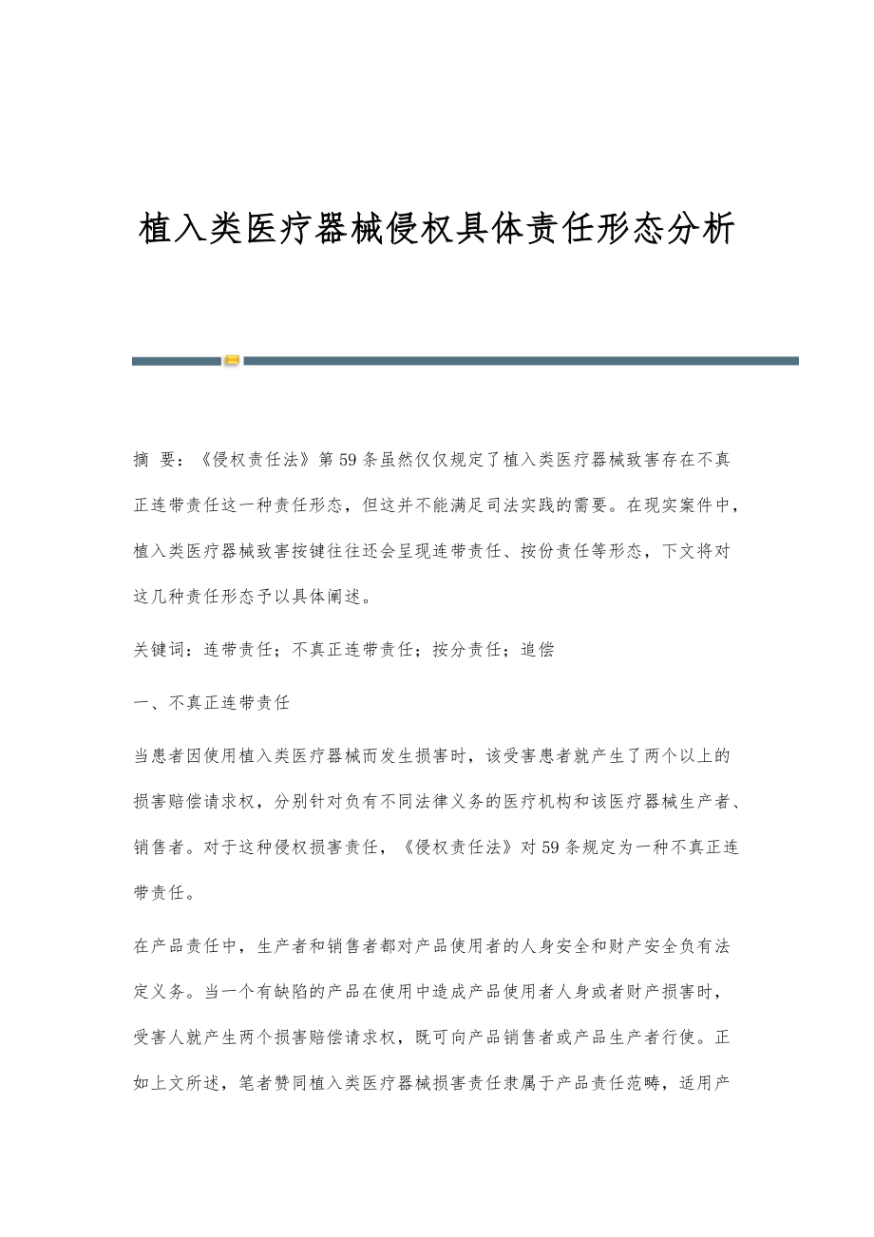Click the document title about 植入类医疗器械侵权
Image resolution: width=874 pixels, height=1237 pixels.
click(x=437, y=229)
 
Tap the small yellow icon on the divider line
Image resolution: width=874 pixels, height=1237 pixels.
click(x=232, y=360)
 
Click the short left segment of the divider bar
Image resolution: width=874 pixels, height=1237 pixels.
click(x=176, y=361)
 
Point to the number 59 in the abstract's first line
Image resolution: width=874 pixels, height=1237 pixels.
click(x=348, y=461)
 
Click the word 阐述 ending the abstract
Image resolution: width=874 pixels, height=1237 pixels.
click(x=349, y=597)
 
